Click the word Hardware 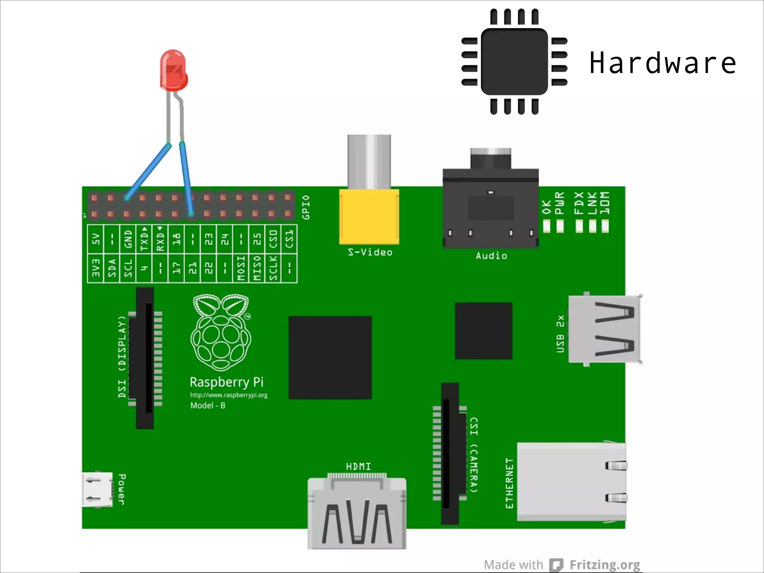[x=663, y=63]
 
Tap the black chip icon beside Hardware [x=514, y=62]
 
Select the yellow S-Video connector [x=369, y=216]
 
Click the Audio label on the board [x=491, y=256]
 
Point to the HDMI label [x=358, y=466]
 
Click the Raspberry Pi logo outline [x=221, y=332]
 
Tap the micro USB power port [x=97, y=489]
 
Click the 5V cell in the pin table [x=96, y=239]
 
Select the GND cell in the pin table [x=128, y=239]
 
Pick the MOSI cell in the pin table [x=241, y=268]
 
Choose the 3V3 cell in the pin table [x=96, y=268]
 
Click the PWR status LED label [x=560, y=204]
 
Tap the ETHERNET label [x=509, y=483]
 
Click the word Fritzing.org [x=604, y=565]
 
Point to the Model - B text [x=208, y=406]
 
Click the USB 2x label [x=560, y=334]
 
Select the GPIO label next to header [x=306, y=207]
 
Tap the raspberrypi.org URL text [x=229, y=395]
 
